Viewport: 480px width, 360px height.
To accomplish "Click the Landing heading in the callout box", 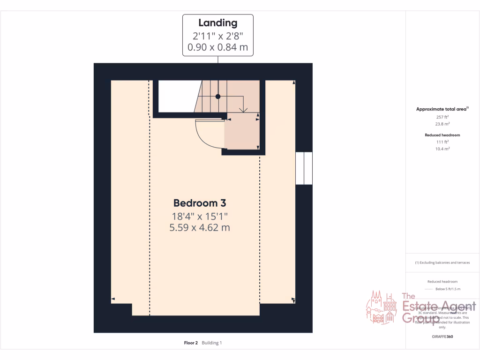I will (217, 22).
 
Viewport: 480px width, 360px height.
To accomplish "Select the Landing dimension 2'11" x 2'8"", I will (217, 36).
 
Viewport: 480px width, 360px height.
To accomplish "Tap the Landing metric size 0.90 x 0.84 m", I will (217, 47).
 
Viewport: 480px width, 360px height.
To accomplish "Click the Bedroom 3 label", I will (200, 203).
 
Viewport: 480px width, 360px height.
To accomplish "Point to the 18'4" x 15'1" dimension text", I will (200, 216).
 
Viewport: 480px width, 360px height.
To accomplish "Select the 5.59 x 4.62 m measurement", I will (200, 228).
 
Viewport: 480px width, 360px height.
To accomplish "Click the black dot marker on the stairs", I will (217, 97).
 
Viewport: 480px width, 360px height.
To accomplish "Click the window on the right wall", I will (304, 168).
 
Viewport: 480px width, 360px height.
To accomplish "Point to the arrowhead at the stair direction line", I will (243, 110).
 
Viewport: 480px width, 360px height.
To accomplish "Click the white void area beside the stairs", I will (176, 96).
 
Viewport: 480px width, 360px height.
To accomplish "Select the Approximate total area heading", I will (442, 109).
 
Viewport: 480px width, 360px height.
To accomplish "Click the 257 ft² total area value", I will (442, 117).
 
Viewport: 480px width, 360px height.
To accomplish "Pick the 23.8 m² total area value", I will (442, 125).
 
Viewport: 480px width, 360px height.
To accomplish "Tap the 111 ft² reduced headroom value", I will (442, 142).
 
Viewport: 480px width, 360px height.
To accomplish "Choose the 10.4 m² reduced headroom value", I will (442, 149).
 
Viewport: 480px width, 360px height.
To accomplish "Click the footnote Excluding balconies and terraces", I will (442, 263).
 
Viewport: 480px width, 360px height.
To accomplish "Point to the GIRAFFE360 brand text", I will (442, 337).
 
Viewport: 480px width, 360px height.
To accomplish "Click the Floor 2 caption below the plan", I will (192, 343).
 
